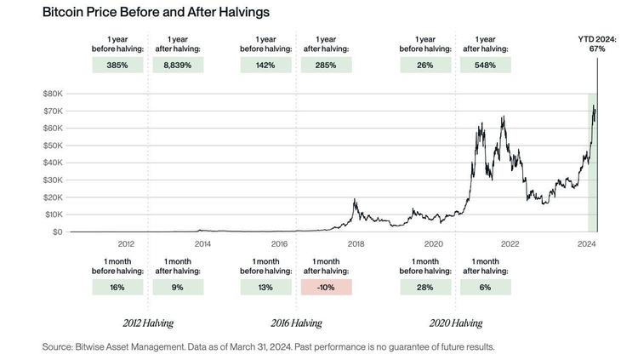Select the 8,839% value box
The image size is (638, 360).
click(178, 66)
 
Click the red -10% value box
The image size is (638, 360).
click(326, 287)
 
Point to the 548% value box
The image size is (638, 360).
click(485, 66)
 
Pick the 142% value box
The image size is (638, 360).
click(265, 66)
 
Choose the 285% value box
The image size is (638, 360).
click(326, 66)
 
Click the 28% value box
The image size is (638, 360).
click(424, 287)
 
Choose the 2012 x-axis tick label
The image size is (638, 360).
click(126, 243)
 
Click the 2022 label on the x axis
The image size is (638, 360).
click(510, 243)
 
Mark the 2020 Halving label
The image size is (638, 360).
click(454, 323)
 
